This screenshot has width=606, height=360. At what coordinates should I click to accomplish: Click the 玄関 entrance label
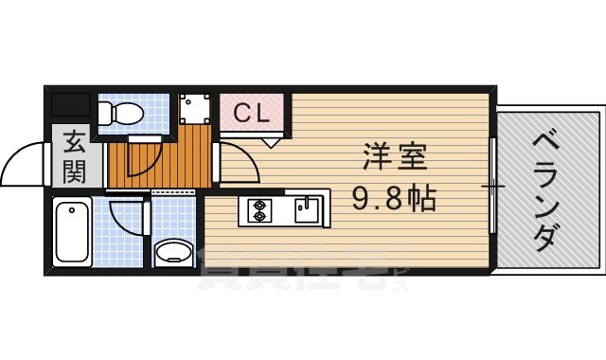pyautogui.click(x=75, y=157)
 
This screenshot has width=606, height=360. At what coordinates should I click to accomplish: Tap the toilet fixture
pyautogui.click(x=122, y=113)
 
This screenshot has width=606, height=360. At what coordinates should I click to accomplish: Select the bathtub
pyautogui.click(x=72, y=231)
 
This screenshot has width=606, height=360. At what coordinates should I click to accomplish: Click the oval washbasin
pyautogui.click(x=173, y=253)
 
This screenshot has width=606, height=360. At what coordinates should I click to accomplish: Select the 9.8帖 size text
pyautogui.click(x=396, y=198)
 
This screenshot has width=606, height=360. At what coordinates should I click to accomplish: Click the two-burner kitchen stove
pyautogui.click(x=258, y=210)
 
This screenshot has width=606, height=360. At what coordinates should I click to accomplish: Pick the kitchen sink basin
pyautogui.click(x=305, y=208)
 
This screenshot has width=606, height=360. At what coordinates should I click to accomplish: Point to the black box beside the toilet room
pyautogui.click(x=70, y=105)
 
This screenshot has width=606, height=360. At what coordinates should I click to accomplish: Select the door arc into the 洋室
pyautogui.click(x=242, y=161)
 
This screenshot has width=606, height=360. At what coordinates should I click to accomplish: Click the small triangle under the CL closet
pyautogui.click(x=273, y=141)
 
